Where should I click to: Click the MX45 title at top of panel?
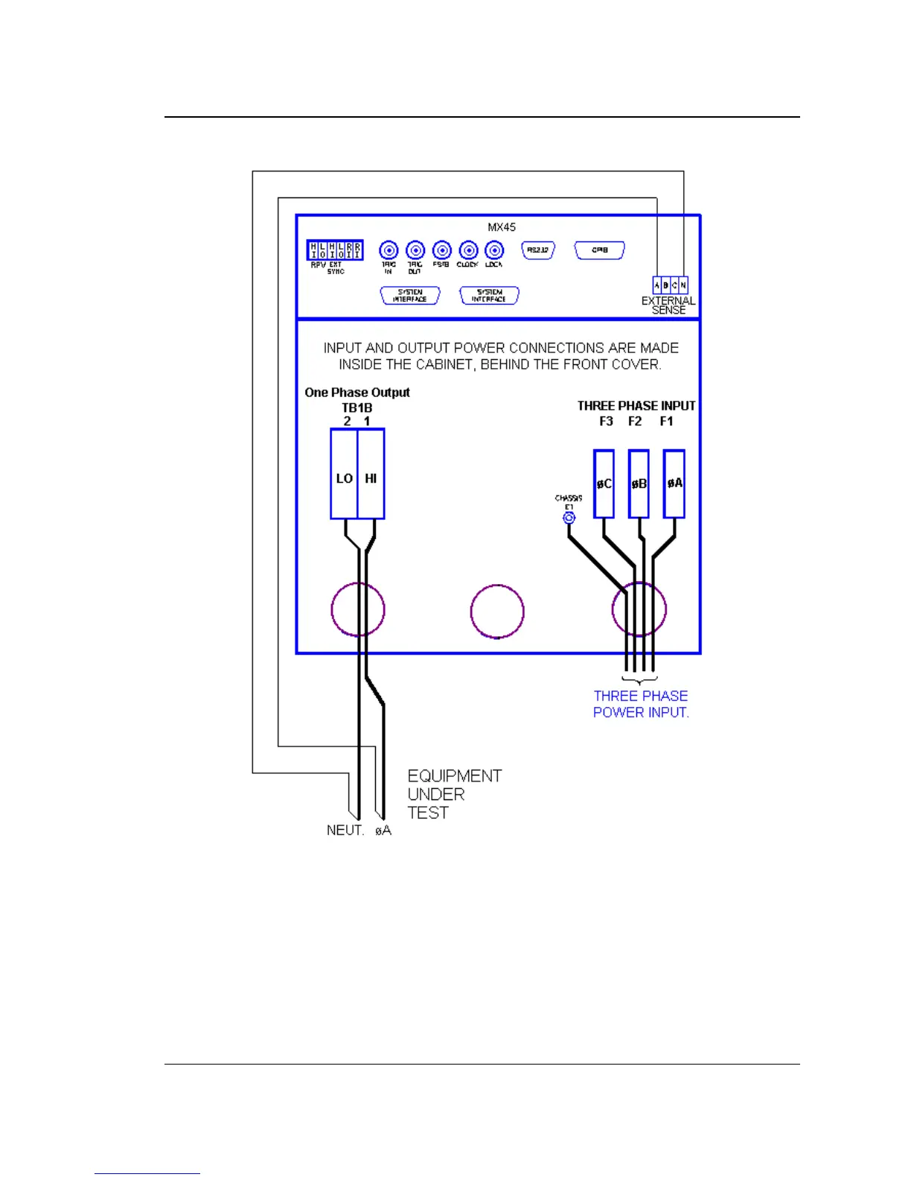tap(502, 227)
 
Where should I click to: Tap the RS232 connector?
tap(538, 250)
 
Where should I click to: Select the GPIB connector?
tap(599, 250)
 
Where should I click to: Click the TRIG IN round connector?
tap(389, 250)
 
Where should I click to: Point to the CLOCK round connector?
tap(468, 250)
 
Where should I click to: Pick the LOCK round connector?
tap(494, 250)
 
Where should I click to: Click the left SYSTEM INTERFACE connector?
tap(410, 296)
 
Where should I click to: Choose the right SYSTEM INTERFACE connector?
tap(489, 296)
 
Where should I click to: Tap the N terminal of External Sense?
tap(683, 285)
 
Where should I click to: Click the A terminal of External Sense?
tap(657, 285)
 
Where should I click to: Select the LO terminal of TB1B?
tap(344, 475)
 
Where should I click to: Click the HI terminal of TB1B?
tap(371, 475)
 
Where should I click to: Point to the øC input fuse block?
tap(604, 483)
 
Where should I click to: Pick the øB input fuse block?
tap(639, 483)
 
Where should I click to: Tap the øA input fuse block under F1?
tap(674, 483)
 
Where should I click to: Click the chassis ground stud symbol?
tap(569, 517)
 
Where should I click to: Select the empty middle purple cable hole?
tap(497, 612)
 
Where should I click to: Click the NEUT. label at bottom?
tap(345, 831)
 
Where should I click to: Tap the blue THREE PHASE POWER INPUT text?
tap(640, 704)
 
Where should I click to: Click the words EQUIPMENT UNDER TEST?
tap(454, 794)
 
